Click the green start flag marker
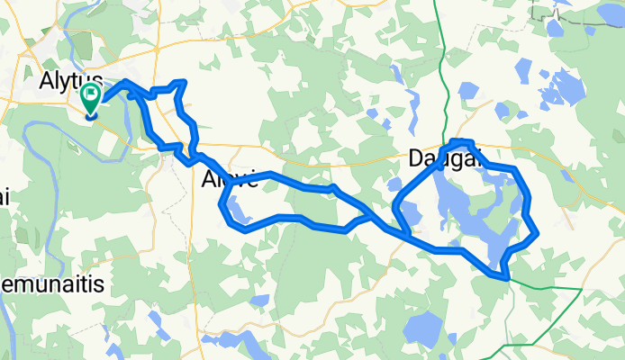[x=92, y=97]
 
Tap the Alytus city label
[x=71, y=80]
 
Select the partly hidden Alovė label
[x=231, y=178]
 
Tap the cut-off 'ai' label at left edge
[x=5, y=197]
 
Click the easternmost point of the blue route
[x=538, y=233]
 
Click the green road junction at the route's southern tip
[x=511, y=281]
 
